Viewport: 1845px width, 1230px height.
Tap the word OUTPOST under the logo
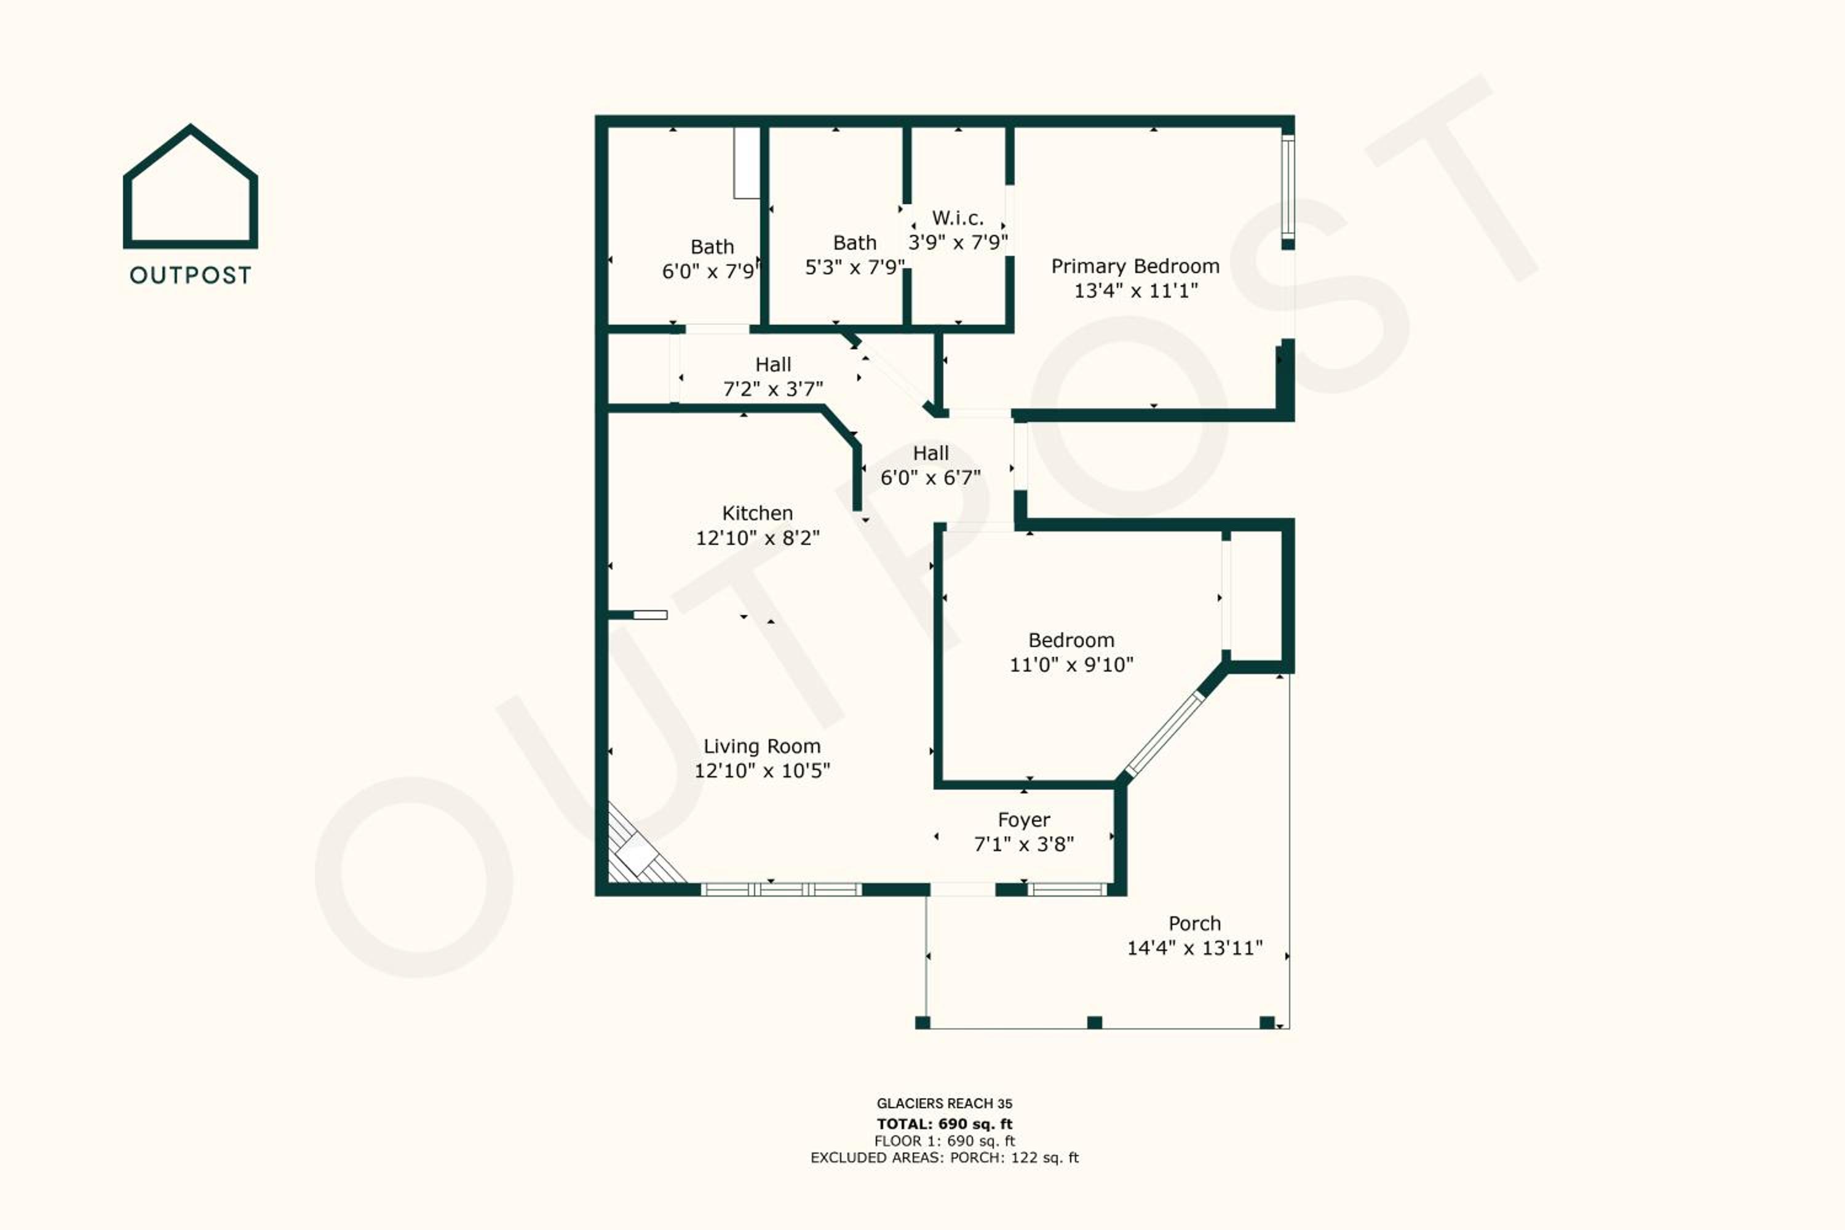pyautogui.click(x=191, y=276)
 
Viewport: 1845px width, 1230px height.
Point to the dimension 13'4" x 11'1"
pyautogui.click(x=1135, y=291)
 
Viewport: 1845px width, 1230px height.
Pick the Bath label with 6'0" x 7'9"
pyautogui.click(x=712, y=247)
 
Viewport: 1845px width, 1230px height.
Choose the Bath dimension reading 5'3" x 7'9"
pyautogui.click(x=854, y=268)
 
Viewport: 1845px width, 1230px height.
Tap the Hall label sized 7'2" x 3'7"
pyautogui.click(x=772, y=365)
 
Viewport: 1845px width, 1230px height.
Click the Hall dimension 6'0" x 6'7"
pyautogui.click(x=930, y=478)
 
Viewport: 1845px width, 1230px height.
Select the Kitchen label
pyautogui.click(x=757, y=513)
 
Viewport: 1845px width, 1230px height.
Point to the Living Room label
pyautogui.click(x=762, y=746)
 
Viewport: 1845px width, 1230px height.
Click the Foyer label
pyautogui.click(x=1024, y=820)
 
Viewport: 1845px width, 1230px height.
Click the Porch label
pyautogui.click(x=1195, y=923)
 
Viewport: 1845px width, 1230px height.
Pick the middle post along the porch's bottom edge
pyautogui.click(x=1094, y=1022)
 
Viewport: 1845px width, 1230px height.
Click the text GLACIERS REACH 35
pyautogui.click(x=945, y=1103)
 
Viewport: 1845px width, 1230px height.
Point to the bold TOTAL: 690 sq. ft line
pyautogui.click(x=945, y=1124)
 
